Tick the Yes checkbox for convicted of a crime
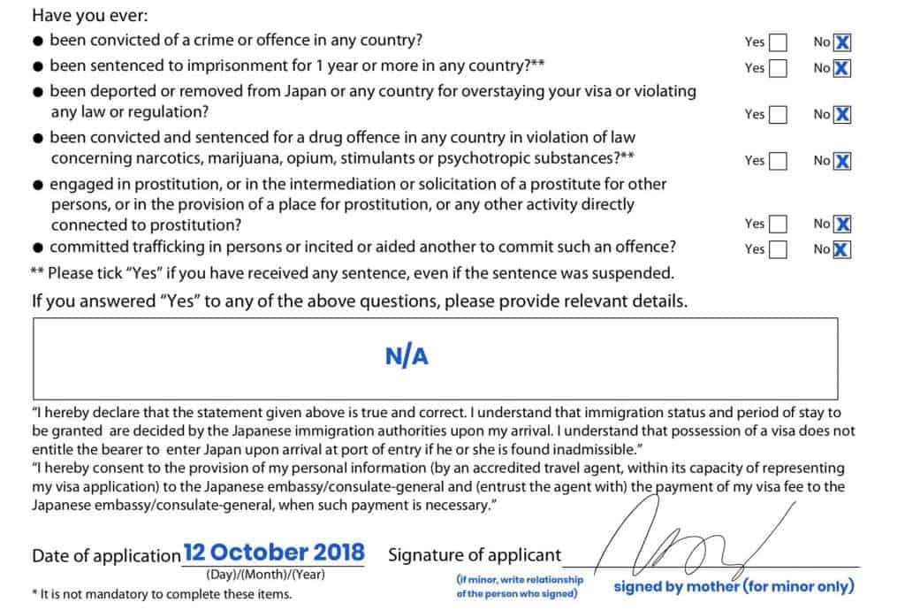point(778,42)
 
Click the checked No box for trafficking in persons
point(842,249)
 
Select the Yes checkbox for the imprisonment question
point(778,68)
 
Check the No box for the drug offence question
point(842,161)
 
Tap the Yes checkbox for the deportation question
point(778,114)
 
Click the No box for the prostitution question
point(842,225)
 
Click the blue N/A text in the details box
point(407,356)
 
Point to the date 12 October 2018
point(274,553)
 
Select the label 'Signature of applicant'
point(475,555)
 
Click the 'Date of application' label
point(106,556)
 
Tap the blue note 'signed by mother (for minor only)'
point(734,586)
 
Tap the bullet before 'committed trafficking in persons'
point(38,248)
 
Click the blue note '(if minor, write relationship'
point(520,580)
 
